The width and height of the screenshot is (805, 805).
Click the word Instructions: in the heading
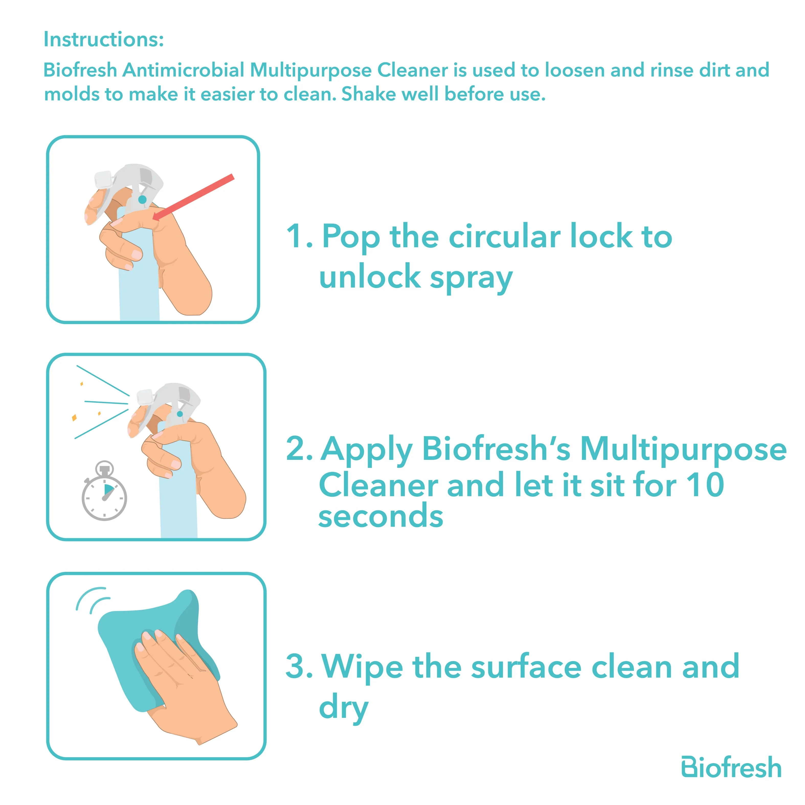[103, 40]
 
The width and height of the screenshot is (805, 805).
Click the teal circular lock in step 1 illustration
[142, 200]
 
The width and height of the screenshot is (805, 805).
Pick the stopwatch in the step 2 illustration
[104, 490]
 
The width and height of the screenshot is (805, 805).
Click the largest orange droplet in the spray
[74, 417]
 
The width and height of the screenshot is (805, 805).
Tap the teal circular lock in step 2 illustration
[180, 414]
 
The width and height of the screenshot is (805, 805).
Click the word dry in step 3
[343, 708]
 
